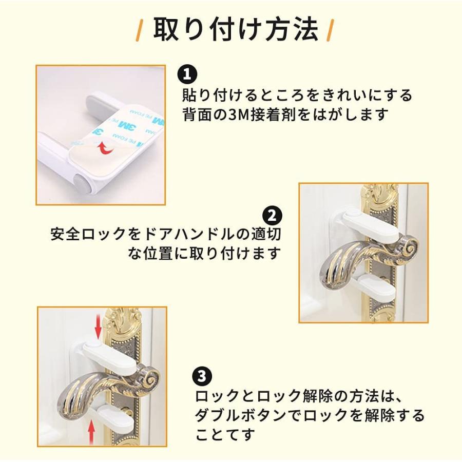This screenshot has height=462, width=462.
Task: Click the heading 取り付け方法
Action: click(236, 29)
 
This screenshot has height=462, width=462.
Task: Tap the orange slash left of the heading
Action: click(139, 30)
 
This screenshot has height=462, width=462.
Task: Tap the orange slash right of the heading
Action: click(331, 30)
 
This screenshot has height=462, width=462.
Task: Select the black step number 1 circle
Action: click(187, 74)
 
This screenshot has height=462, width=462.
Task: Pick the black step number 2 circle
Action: click(272, 216)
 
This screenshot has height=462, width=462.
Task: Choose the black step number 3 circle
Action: click(202, 376)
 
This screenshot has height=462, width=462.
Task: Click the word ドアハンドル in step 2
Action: click(189, 234)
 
